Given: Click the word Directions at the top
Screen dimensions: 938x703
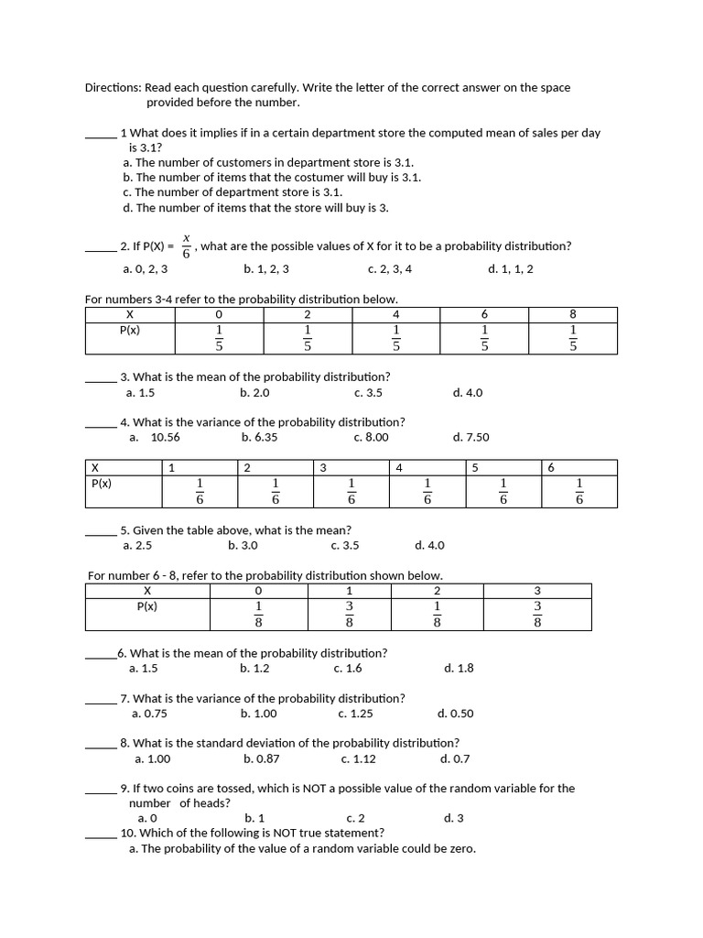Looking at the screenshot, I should click(114, 88).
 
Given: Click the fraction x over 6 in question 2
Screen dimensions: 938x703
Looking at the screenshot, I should click(186, 245).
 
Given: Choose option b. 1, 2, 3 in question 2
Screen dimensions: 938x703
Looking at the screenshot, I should click(266, 269).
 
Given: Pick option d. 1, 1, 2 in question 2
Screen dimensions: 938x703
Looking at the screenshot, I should click(511, 269).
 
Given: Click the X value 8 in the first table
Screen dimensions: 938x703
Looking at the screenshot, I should click(573, 314).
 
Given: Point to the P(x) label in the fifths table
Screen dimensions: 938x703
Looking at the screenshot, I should click(130, 330).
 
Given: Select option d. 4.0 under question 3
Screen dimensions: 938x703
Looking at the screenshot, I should click(467, 393).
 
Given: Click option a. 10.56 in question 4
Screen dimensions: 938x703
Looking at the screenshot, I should click(155, 438).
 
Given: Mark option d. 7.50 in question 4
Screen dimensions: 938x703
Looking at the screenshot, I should click(470, 438).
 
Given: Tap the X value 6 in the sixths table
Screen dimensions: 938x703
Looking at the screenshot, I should click(551, 468).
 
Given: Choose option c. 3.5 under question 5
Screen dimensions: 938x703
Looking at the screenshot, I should click(345, 546).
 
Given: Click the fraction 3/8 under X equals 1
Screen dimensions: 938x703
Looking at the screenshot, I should click(349, 614).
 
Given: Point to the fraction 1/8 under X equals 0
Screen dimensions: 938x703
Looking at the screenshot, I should click(258, 614).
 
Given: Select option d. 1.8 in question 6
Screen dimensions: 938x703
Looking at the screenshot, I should click(459, 669).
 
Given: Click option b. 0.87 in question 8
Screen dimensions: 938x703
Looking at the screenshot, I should click(262, 759).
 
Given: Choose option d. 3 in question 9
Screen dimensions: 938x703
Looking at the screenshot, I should click(453, 818).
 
